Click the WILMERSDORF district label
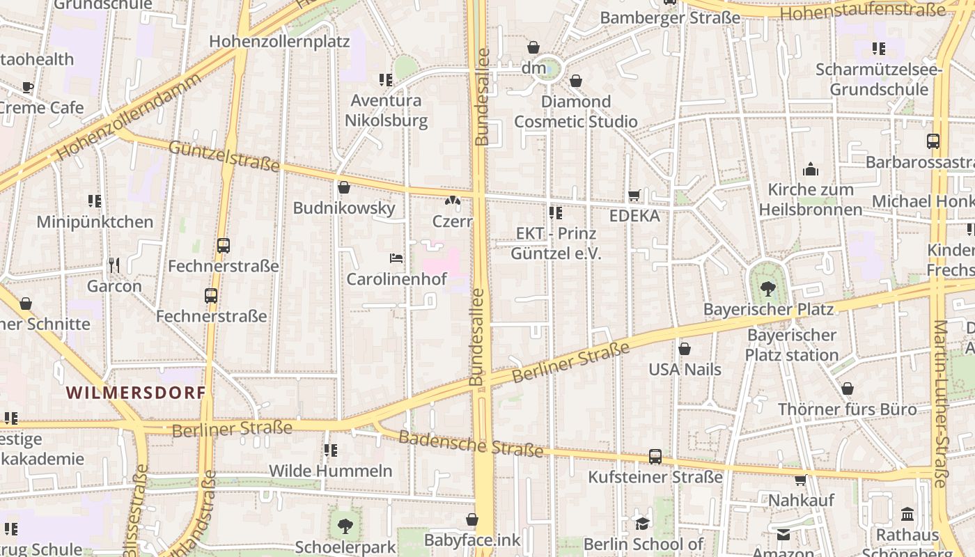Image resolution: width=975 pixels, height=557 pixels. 136,393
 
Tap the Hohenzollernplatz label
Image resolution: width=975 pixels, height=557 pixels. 279,41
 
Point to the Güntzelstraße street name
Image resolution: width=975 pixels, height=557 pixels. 224,156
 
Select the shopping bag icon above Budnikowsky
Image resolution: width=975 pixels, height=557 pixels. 343,187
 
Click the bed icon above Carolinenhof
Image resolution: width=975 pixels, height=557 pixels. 396,258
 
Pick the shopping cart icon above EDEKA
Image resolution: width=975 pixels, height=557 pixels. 634,196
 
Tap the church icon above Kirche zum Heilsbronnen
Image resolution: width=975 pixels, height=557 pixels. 811,169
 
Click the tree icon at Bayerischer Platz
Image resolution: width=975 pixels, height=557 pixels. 768,288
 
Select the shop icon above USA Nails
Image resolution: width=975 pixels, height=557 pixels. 685,349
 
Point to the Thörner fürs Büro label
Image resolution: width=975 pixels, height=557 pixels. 848,409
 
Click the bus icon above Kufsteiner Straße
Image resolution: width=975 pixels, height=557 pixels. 655,457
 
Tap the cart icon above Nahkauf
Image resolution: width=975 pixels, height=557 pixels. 801,480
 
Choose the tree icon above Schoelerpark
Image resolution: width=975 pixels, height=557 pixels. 345,526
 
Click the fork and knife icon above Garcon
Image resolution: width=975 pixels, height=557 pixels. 114,265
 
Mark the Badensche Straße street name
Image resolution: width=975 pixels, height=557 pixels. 471,444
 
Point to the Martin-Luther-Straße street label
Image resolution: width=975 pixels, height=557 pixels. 940,404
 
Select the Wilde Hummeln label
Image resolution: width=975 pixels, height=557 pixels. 331,471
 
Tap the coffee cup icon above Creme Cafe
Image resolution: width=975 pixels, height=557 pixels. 28,87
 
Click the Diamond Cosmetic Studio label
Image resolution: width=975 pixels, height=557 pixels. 576,111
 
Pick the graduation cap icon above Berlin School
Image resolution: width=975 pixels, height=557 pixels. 642,523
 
